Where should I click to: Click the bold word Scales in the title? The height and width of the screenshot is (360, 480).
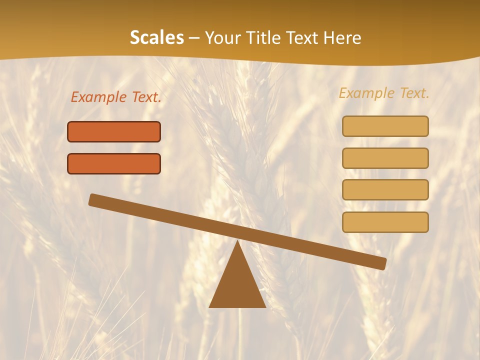[x=156, y=38]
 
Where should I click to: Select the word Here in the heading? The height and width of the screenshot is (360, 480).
[x=342, y=38]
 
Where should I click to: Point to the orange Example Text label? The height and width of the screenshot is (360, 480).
[x=116, y=97]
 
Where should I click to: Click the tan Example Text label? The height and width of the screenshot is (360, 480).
[x=384, y=93]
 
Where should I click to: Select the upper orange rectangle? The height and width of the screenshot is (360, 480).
[x=114, y=131]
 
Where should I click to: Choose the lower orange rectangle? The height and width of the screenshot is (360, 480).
[x=114, y=163]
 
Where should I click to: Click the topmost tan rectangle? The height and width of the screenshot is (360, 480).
[x=385, y=126]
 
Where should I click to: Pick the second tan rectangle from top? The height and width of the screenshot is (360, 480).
[x=385, y=158]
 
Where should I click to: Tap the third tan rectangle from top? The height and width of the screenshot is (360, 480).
[x=385, y=190]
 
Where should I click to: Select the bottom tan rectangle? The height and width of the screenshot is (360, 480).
[x=385, y=222]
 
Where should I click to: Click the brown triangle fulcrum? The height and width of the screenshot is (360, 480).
[x=237, y=285]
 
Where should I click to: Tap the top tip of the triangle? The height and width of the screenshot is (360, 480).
[x=237, y=243]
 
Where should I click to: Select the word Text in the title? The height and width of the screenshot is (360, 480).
[x=304, y=38]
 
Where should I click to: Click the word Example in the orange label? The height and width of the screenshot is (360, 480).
[x=99, y=97]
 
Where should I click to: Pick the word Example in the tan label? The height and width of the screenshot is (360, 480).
[x=367, y=93]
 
